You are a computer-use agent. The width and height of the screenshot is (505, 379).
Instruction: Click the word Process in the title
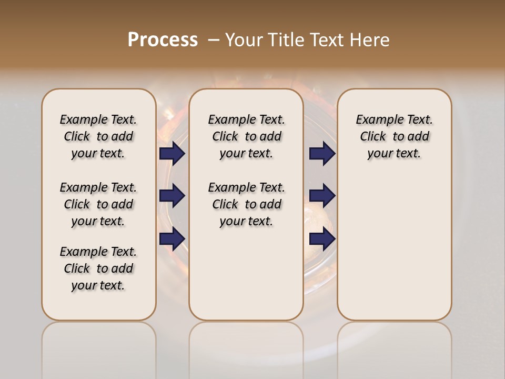point(163,39)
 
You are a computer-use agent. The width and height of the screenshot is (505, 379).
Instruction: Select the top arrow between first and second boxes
point(172,153)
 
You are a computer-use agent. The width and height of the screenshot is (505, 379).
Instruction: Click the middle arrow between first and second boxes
point(172,196)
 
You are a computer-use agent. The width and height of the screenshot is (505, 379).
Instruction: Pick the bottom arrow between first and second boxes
point(172,239)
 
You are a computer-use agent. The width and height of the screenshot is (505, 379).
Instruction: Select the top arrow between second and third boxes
point(322,153)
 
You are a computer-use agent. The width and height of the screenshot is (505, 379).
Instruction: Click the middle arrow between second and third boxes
point(322,196)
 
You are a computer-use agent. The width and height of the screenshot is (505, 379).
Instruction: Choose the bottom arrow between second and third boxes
point(322,239)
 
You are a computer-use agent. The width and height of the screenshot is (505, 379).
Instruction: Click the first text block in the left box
point(98,136)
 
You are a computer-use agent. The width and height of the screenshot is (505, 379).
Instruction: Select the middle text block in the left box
point(98,204)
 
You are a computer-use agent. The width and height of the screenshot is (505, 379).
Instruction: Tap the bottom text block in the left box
point(98,268)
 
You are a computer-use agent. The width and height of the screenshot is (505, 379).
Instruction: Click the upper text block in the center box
point(246,136)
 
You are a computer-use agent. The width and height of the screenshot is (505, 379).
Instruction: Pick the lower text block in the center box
point(246,204)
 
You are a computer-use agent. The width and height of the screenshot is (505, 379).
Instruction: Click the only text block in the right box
point(394,136)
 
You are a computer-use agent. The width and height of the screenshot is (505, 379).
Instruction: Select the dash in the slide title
point(214,40)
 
